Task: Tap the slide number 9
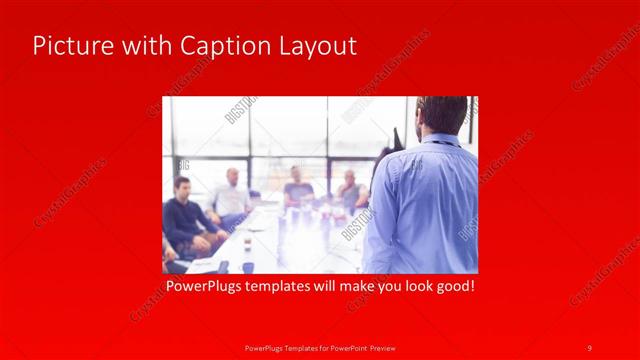click(589, 347)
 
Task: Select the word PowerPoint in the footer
click(342, 347)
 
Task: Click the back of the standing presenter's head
click(441, 112)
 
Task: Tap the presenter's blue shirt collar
click(440, 139)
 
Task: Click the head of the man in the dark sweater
click(182, 188)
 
